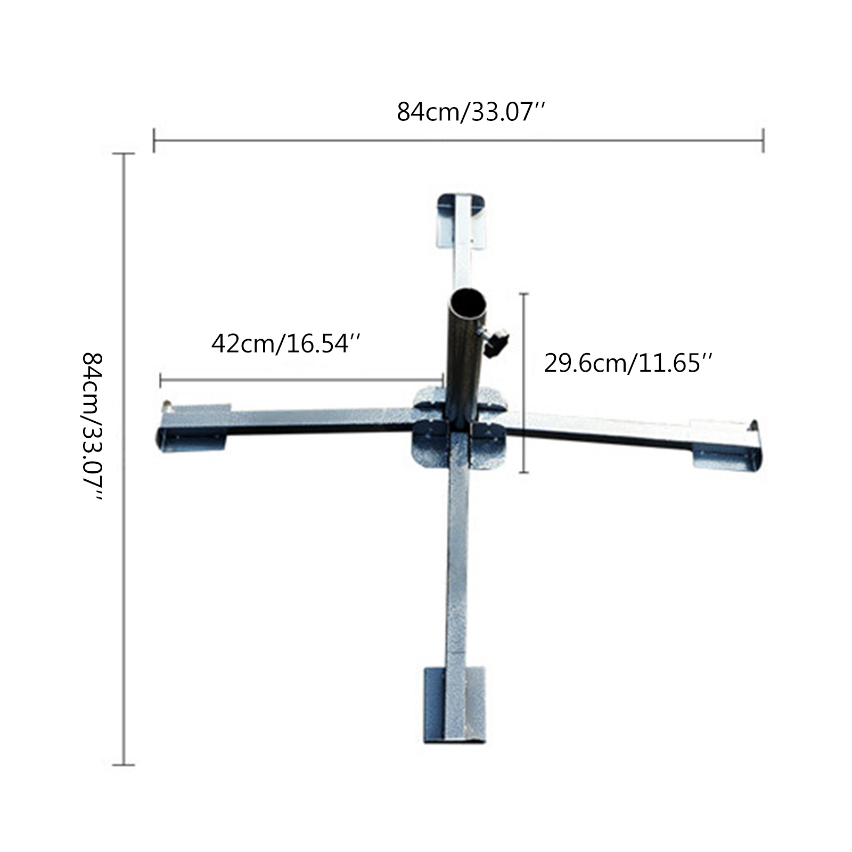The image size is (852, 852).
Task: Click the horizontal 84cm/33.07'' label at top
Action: pyautogui.click(x=471, y=112)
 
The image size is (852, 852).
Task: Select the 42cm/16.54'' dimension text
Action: pyautogui.click(x=287, y=343)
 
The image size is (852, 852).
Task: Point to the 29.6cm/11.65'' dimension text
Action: pyautogui.click(x=628, y=364)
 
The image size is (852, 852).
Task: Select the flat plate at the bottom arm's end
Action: pyautogui.click(x=455, y=705)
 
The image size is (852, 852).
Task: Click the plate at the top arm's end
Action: pyautogui.click(x=461, y=220)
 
